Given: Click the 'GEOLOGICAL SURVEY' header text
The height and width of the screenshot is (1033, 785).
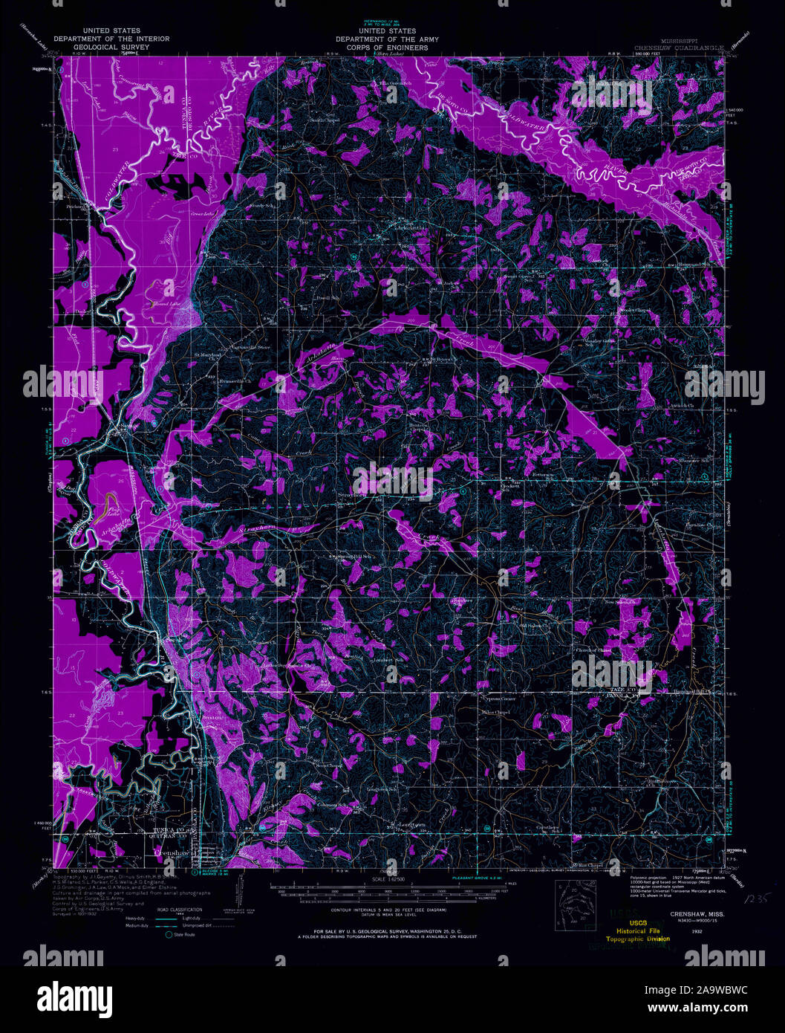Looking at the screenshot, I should point(111,48).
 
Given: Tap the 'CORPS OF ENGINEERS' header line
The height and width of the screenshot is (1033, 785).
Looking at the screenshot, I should point(386,48).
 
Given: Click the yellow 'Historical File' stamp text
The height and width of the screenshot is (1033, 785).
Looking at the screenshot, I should point(642,930).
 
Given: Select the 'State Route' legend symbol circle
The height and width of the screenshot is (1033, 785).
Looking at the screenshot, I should point(169,933).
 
